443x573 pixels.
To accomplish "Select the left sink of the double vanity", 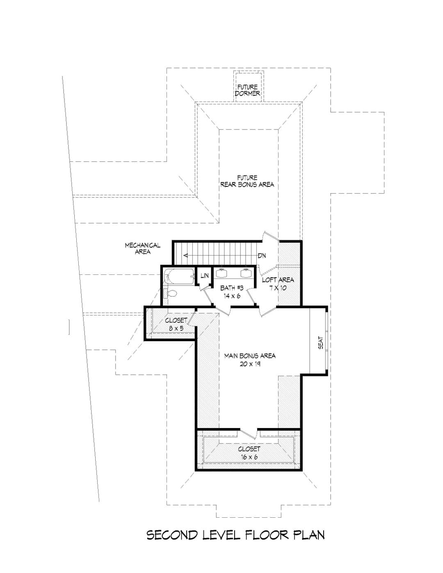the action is tap(221, 273).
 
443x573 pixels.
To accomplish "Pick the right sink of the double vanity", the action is tap(247, 273).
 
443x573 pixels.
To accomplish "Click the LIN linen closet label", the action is tap(205, 276).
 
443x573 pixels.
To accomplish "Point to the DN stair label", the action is tap(262, 256).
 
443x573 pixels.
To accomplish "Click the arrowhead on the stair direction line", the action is tap(185, 255).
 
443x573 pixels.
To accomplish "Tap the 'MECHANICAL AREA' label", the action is tap(143, 249).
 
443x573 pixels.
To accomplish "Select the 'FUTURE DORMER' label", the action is tap(247, 90).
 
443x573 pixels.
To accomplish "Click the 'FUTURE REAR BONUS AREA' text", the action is tap(247, 181).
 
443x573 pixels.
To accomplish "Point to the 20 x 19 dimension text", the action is tap(250, 364).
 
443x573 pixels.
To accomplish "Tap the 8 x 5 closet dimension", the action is tap(176, 328).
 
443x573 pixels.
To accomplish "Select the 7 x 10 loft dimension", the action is tap(278, 288).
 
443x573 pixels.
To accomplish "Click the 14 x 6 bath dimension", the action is tap(232, 296).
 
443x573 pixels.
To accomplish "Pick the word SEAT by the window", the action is tap(320, 342).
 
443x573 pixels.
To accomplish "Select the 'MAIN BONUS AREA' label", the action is tap(250, 356).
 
